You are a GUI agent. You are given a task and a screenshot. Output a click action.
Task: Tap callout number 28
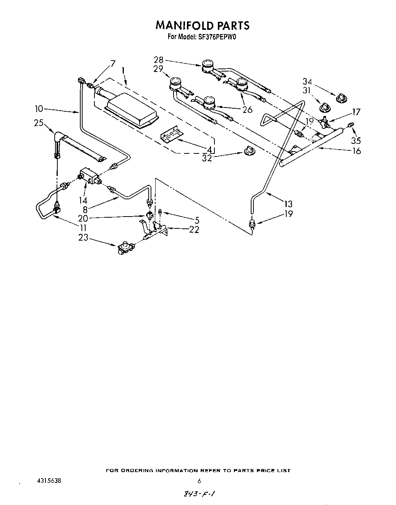coord(159,60)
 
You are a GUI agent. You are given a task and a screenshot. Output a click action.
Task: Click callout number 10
coord(39,109)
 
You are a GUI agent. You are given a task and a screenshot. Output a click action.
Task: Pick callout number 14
coord(83,200)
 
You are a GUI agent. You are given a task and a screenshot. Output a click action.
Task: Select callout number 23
coord(83,238)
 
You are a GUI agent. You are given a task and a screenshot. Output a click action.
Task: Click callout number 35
coord(356,141)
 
